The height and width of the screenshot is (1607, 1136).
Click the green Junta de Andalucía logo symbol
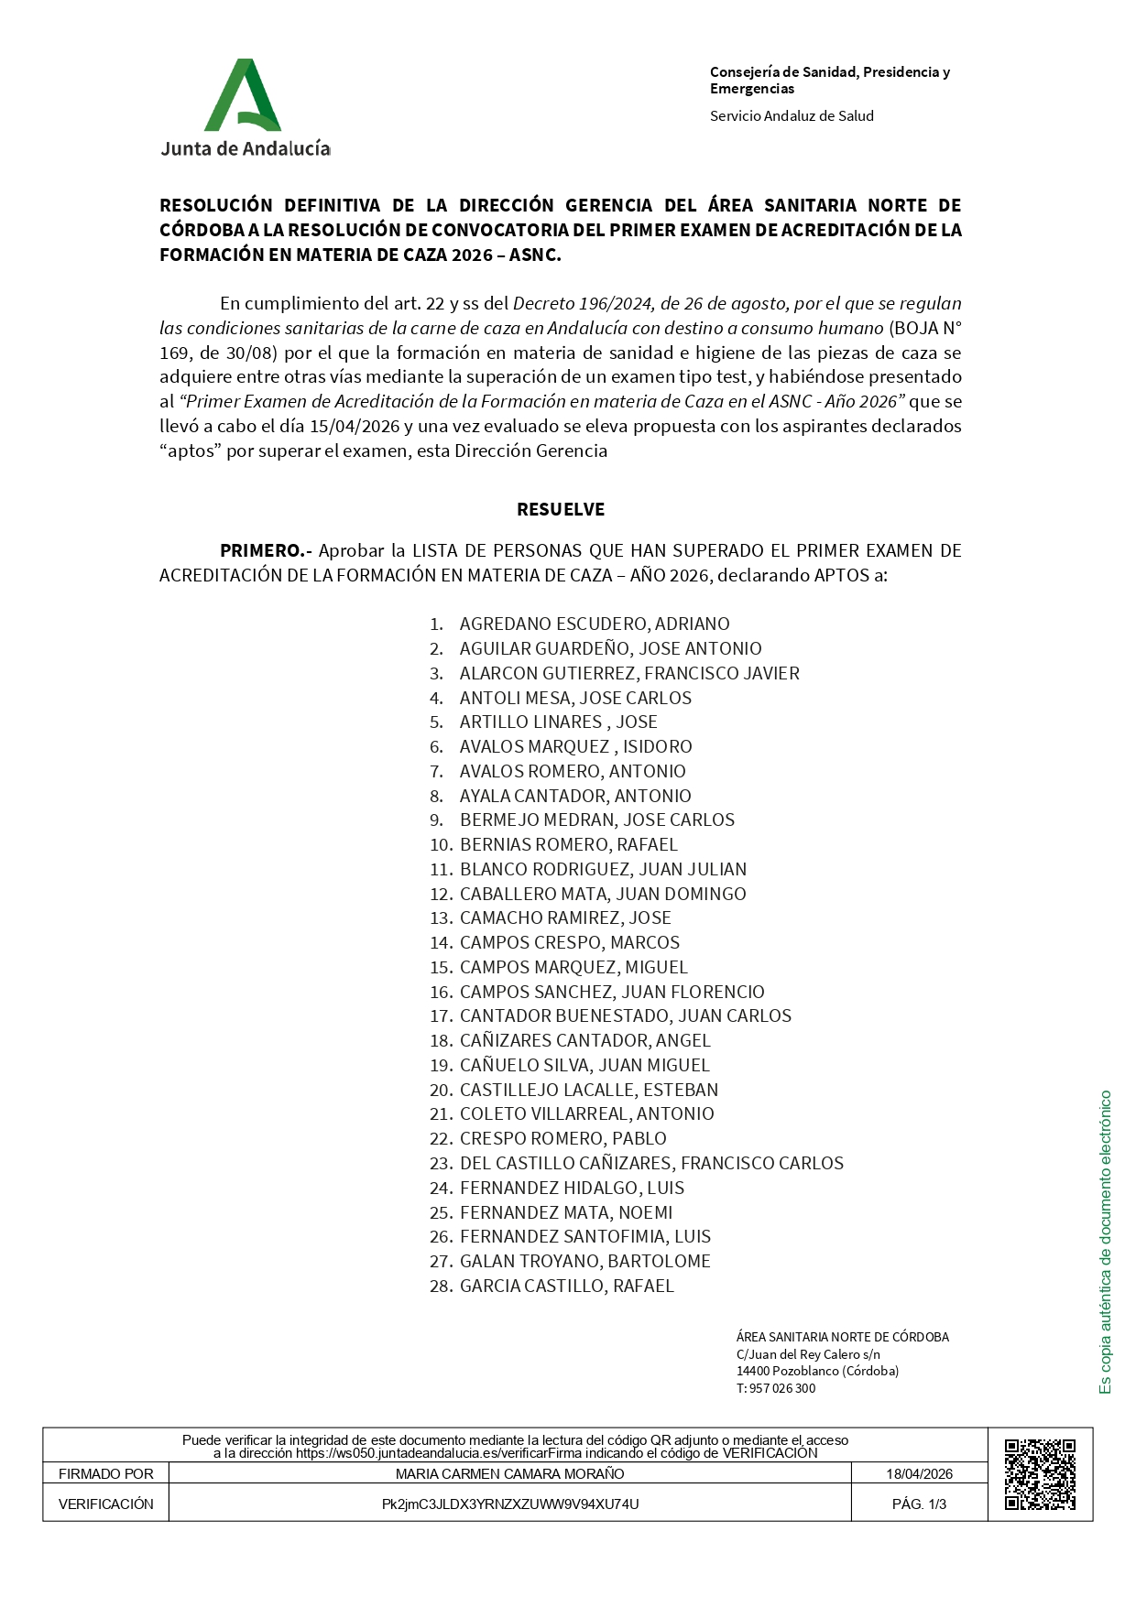click(x=242, y=96)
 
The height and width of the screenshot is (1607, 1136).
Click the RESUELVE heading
click(x=561, y=509)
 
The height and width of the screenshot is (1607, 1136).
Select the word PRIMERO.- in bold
click(x=266, y=550)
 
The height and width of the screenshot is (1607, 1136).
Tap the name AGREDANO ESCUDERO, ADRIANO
click(x=595, y=624)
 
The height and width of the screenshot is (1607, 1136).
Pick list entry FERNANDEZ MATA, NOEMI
click(x=566, y=1212)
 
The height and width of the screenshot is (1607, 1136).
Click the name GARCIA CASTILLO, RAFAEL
click(x=566, y=1286)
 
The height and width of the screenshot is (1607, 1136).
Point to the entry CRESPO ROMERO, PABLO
click(x=563, y=1138)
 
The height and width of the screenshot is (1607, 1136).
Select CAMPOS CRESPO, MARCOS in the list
click(x=569, y=942)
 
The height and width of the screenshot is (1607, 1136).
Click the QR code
click(x=1040, y=1474)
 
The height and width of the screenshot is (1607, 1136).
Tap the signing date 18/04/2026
click(x=919, y=1473)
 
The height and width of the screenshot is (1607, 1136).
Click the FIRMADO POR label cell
click(x=106, y=1473)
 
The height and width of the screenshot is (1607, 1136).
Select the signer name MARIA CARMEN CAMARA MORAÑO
click(x=509, y=1473)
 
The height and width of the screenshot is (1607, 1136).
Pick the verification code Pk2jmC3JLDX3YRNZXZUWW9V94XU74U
click(x=509, y=1504)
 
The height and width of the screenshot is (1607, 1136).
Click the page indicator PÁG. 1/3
click(x=919, y=1504)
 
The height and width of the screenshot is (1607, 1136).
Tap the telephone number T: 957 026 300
click(x=775, y=1388)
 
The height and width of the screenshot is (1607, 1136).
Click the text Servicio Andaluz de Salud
click(x=792, y=115)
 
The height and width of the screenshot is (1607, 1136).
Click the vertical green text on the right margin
click(x=1106, y=1242)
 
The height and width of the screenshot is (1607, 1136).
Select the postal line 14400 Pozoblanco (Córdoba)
click(x=817, y=1371)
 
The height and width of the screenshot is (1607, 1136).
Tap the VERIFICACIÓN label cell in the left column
click(x=106, y=1504)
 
